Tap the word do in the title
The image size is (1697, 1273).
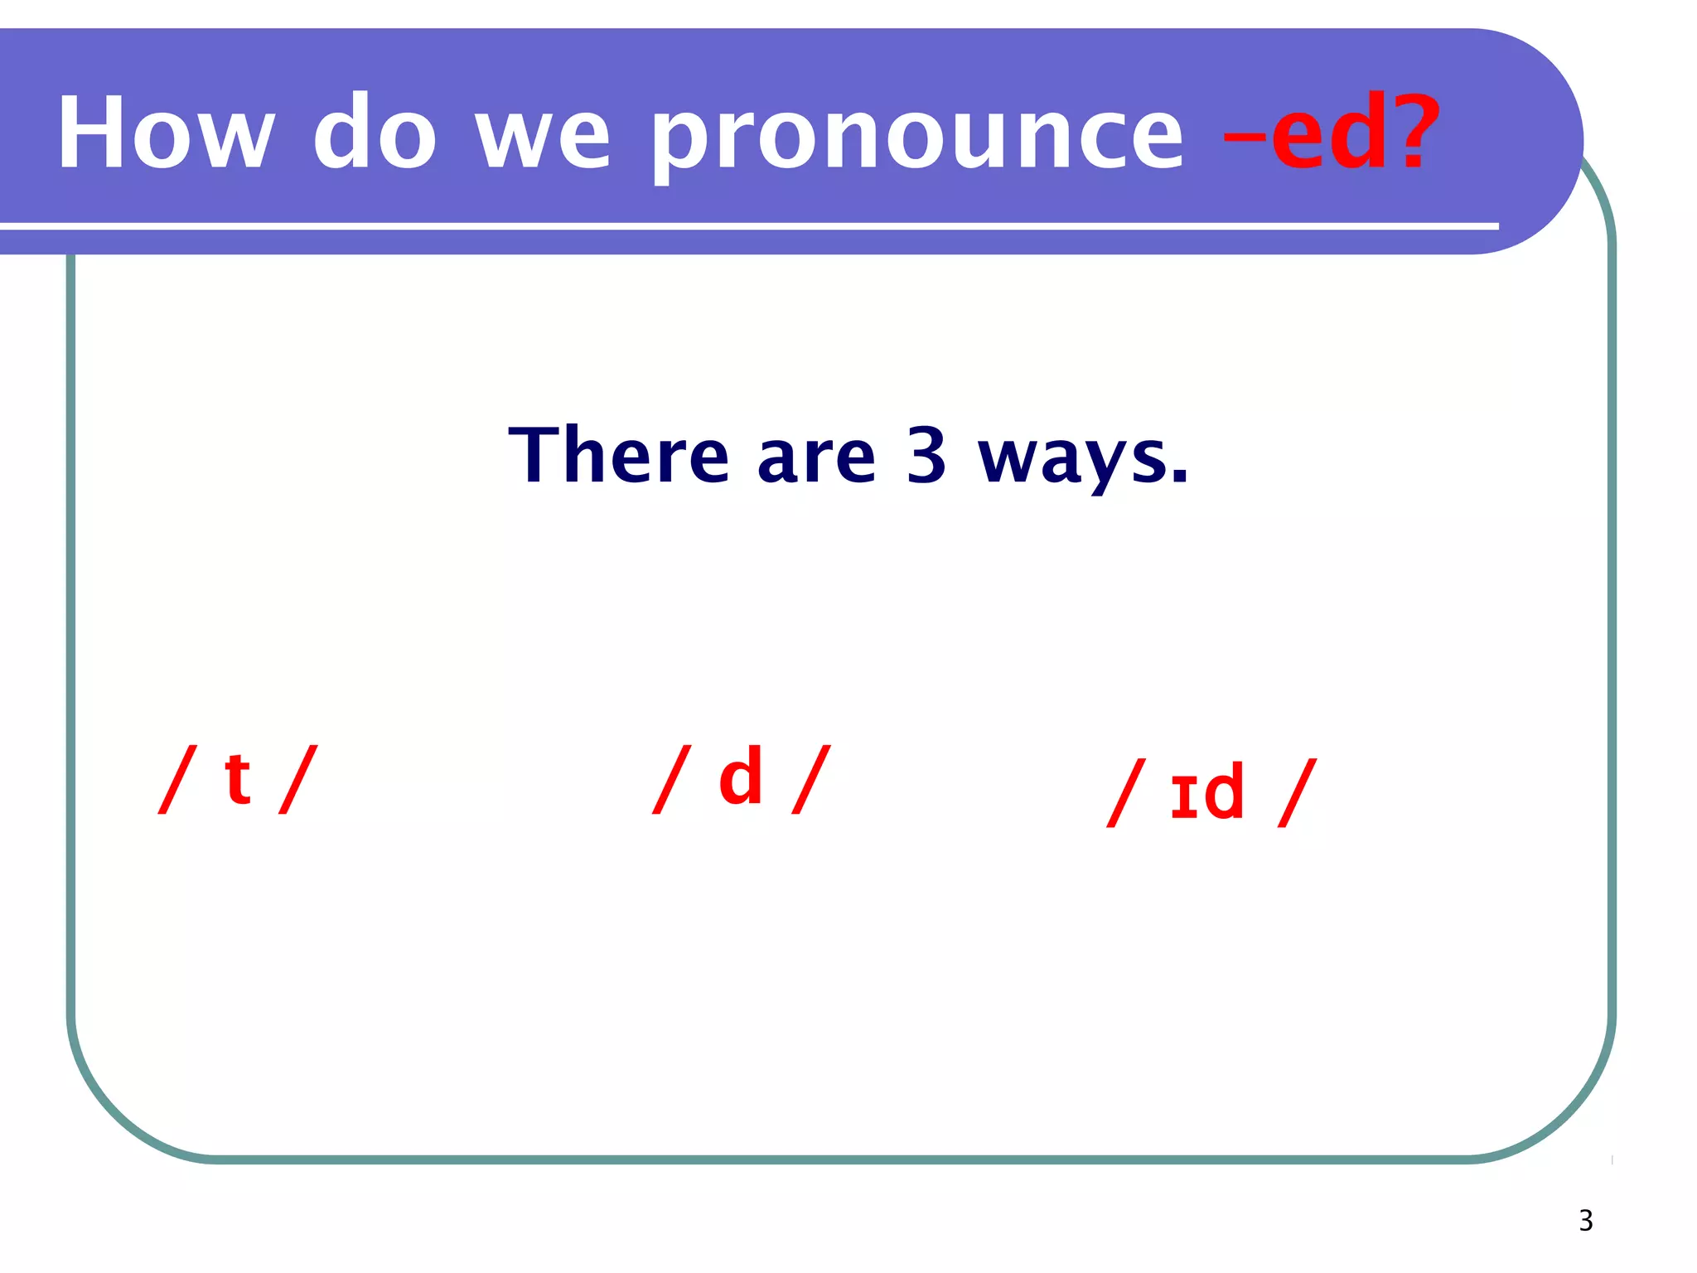coord(375,133)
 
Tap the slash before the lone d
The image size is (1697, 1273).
coord(672,779)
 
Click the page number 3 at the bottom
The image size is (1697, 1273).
coord(1585,1221)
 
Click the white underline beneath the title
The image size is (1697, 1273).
coord(746,225)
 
